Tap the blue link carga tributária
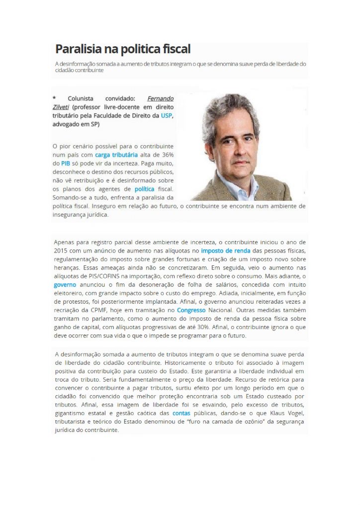pos(116,155)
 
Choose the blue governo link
pos(65,285)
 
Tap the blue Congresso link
pos(191,310)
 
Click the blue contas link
pos(181,413)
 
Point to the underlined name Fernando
pos(160,98)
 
